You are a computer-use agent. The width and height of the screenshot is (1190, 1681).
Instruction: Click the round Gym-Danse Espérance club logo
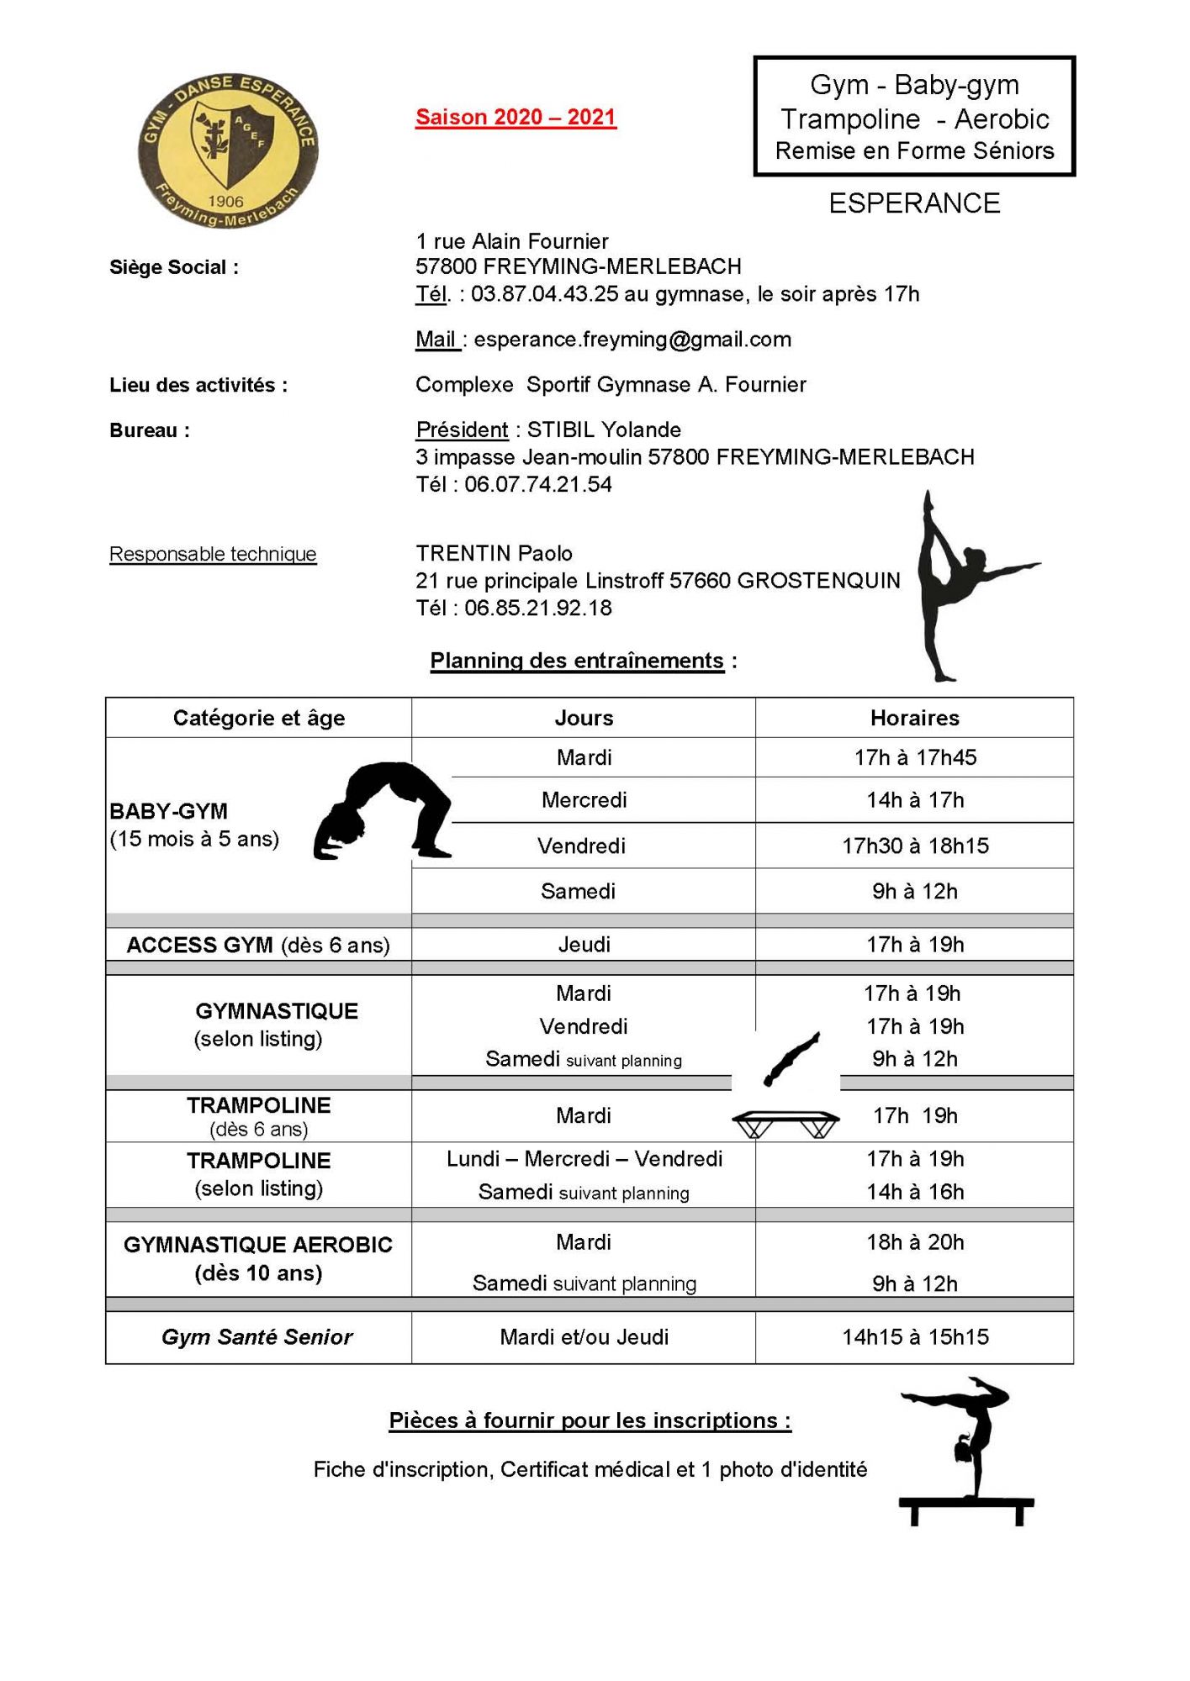(227, 150)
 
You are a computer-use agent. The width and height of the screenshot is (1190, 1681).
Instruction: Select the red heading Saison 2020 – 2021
(516, 117)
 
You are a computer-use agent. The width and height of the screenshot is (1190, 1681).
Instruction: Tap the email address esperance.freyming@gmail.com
(632, 340)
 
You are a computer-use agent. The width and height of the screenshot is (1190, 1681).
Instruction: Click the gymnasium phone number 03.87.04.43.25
(544, 294)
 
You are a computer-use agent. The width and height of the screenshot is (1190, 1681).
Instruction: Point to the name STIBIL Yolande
(604, 429)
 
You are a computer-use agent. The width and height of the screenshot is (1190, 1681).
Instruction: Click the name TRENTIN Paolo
(494, 553)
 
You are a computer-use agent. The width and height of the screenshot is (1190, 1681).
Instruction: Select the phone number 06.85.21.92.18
(537, 608)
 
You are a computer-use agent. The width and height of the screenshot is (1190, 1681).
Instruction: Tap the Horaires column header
(914, 718)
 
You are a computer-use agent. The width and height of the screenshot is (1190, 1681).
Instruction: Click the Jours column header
(584, 718)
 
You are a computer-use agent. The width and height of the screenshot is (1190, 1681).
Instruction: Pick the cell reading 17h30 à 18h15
(915, 846)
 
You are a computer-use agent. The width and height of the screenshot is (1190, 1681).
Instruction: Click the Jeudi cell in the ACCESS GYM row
(584, 945)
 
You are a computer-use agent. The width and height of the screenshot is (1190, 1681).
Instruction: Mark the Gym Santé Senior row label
(257, 1337)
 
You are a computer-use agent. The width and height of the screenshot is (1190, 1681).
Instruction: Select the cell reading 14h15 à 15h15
(915, 1337)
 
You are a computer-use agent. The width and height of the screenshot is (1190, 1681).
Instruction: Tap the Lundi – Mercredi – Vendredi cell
(584, 1159)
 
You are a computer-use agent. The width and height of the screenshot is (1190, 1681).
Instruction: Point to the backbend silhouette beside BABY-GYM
(383, 810)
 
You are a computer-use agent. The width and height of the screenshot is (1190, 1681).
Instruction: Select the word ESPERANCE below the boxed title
(914, 203)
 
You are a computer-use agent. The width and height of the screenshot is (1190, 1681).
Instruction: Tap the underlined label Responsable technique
(213, 554)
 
